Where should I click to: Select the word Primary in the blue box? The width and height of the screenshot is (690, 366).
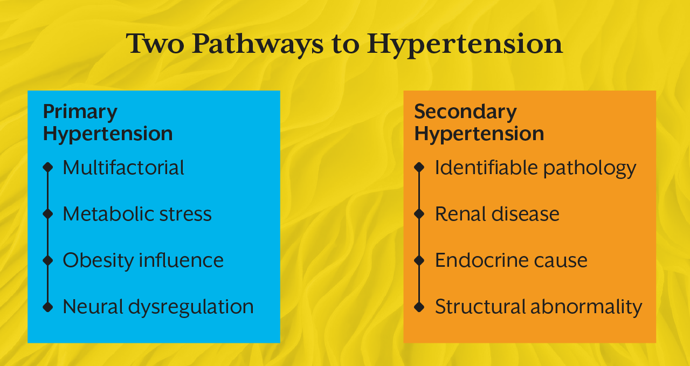click(x=80, y=112)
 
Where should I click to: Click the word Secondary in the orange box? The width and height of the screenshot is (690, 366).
click(x=465, y=112)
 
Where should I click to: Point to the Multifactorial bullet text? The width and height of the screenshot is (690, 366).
click(x=123, y=168)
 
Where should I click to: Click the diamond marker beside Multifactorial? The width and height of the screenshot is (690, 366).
click(x=48, y=168)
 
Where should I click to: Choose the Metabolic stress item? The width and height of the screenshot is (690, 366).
click(x=137, y=214)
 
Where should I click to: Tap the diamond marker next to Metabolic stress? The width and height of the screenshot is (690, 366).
click(x=48, y=214)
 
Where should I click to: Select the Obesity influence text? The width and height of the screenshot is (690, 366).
click(x=143, y=260)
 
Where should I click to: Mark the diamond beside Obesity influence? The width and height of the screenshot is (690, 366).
click(x=48, y=260)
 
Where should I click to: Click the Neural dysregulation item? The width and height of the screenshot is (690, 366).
click(x=158, y=307)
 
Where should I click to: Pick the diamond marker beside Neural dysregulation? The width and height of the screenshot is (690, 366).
click(x=48, y=307)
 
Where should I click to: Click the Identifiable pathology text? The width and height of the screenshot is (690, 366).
click(x=535, y=168)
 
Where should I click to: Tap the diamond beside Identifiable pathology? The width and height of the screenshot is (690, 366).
click(x=419, y=168)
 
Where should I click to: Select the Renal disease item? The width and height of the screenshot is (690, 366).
click(x=497, y=214)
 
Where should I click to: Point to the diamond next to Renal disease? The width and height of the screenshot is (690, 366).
click(x=419, y=214)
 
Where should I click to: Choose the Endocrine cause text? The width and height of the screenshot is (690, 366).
click(x=511, y=260)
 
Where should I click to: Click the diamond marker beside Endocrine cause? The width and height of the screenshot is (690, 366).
click(x=419, y=260)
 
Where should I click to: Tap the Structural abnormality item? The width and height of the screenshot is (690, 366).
click(x=539, y=307)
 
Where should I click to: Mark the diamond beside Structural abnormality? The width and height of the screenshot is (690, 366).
click(x=419, y=307)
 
